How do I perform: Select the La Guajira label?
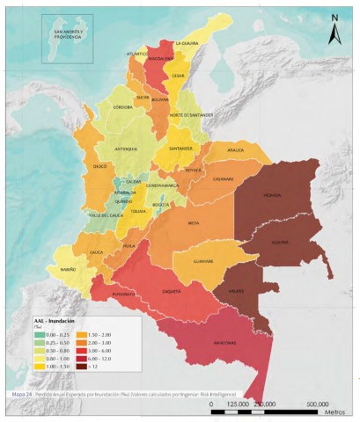(187, 42)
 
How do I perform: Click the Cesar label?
(179, 76)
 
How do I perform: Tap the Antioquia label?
(127, 149)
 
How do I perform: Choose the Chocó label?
(99, 165)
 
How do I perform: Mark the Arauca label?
(234, 150)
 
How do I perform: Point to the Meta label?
(195, 223)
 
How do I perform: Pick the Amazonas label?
(228, 343)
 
